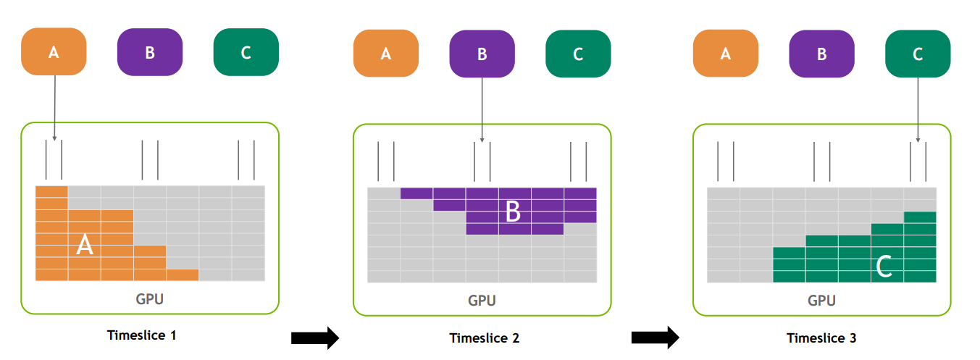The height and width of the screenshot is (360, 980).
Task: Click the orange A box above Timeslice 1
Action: (x=54, y=51)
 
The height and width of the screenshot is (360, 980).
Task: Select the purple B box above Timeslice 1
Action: (x=150, y=52)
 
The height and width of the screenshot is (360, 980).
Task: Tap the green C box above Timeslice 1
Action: (x=246, y=52)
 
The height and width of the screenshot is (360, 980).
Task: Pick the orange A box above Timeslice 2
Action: (x=386, y=54)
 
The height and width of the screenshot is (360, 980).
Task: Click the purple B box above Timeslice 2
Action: (x=482, y=54)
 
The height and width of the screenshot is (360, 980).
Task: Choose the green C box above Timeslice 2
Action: (x=579, y=54)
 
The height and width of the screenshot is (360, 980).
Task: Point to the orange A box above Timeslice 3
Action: (x=726, y=54)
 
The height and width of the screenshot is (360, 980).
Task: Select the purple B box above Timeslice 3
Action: (x=822, y=54)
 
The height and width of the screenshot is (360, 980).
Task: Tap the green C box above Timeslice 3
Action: (x=918, y=54)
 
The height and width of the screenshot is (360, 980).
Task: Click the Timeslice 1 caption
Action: (x=142, y=335)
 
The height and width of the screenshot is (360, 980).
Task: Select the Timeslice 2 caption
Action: (x=485, y=338)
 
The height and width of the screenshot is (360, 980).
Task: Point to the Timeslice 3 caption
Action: (x=821, y=338)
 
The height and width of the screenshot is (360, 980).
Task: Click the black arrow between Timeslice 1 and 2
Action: (x=315, y=338)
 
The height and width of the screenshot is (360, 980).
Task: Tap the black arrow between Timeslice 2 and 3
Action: (x=656, y=338)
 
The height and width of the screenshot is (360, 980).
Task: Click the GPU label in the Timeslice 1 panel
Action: (x=150, y=299)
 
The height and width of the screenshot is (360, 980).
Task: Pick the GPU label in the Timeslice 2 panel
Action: (x=482, y=301)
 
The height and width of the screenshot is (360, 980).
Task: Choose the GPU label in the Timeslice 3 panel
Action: (x=821, y=301)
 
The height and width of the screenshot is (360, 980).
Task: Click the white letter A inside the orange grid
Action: (x=85, y=245)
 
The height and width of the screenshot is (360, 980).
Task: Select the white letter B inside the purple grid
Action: (x=514, y=212)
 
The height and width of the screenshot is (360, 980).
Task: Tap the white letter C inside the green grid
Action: (x=884, y=266)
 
